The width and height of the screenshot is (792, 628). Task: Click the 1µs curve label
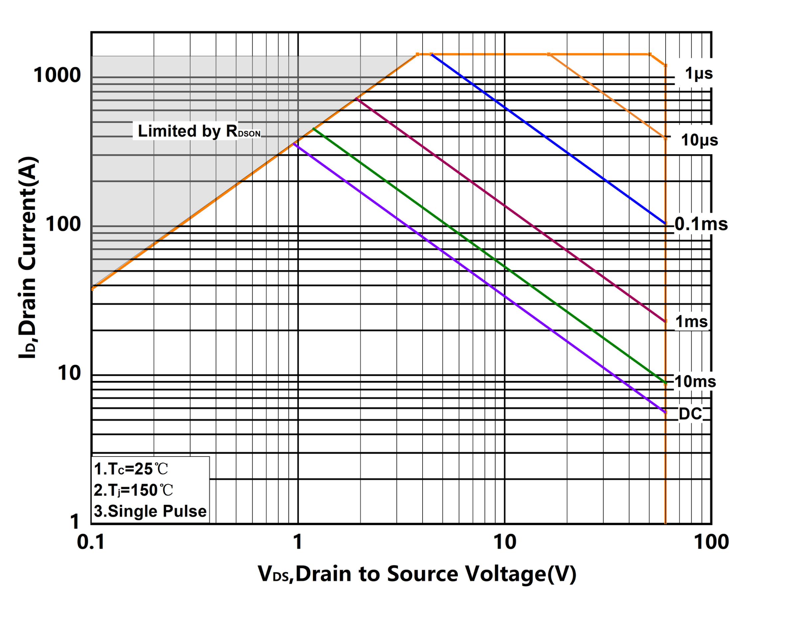[x=698, y=74]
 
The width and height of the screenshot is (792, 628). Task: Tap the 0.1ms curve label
[x=701, y=224]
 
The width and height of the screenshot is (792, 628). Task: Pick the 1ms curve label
[x=691, y=322]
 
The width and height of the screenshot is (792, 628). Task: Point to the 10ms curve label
[x=695, y=382]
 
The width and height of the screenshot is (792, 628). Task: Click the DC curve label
[x=690, y=414]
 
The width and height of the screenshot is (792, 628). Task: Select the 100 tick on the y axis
[x=63, y=224]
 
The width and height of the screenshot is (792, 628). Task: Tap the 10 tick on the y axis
[x=69, y=373]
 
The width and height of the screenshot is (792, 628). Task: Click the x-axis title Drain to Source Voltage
[x=417, y=574]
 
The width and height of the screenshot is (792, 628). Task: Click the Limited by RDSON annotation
[x=199, y=131]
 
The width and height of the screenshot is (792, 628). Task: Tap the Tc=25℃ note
[x=131, y=469]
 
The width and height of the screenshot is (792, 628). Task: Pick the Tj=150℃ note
[x=133, y=490]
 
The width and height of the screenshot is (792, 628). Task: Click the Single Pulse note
[x=150, y=511]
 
